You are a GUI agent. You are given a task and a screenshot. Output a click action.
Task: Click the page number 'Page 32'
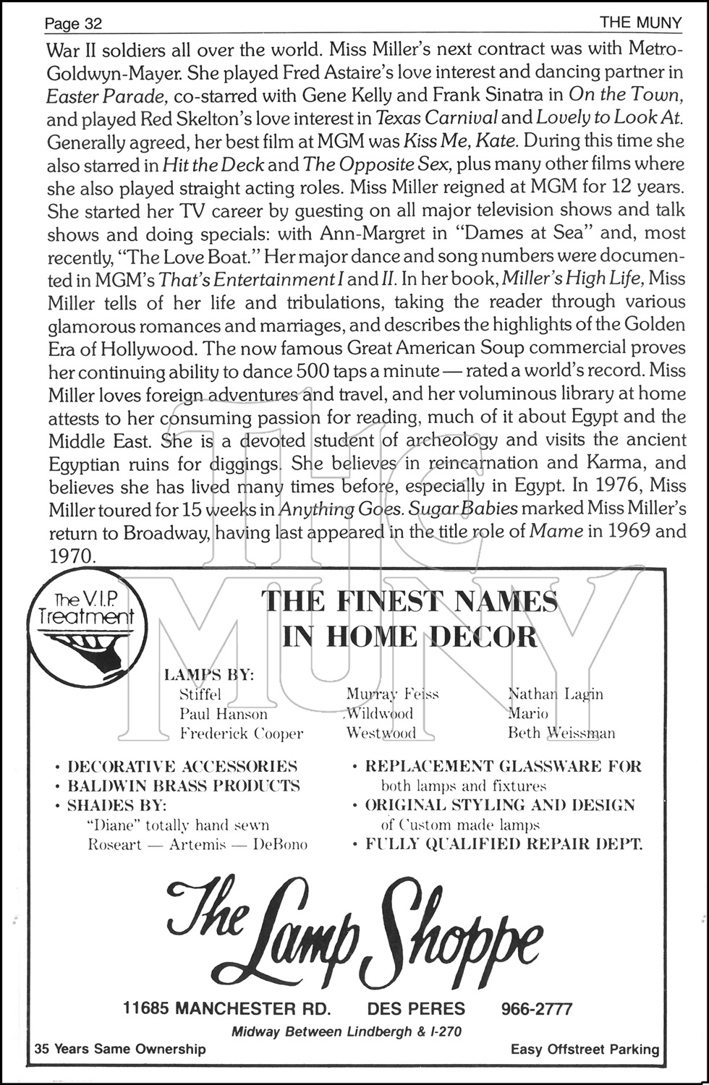(73, 23)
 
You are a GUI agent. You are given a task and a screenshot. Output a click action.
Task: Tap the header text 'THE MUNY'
(640, 23)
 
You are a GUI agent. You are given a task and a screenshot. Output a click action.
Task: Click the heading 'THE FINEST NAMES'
(409, 601)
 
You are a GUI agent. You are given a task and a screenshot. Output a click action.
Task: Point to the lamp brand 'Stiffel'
(200, 694)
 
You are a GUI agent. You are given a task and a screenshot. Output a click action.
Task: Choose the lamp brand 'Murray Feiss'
(392, 694)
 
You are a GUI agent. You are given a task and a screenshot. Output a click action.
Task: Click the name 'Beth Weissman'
(561, 733)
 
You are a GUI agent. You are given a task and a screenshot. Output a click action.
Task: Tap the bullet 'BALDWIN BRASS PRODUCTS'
(183, 786)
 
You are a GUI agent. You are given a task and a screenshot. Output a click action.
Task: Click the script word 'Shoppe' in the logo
(462, 932)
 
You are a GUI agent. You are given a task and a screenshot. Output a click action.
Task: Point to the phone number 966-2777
(536, 1008)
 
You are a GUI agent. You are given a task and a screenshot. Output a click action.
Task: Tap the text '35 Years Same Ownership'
(120, 1049)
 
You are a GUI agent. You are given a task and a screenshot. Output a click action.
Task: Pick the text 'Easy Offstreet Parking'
(585, 1049)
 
